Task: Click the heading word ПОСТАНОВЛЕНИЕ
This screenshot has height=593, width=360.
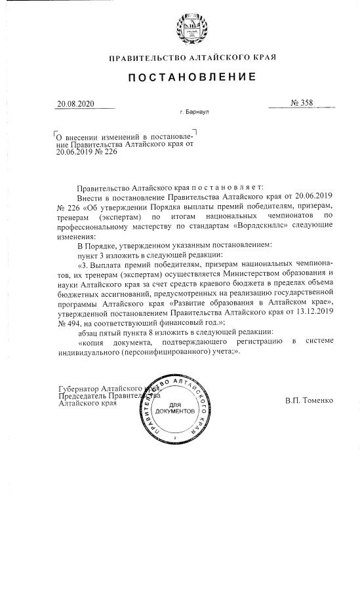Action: click(x=192, y=77)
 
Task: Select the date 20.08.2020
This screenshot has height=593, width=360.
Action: click(x=76, y=104)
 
